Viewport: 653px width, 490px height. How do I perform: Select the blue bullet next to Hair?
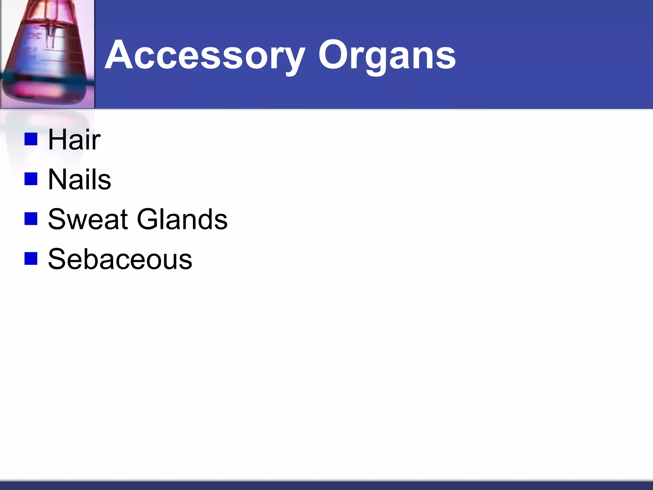tap(31, 139)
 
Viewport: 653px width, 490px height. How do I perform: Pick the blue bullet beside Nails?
tap(31, 179)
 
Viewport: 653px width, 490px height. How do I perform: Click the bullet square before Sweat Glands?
tap(31, 219)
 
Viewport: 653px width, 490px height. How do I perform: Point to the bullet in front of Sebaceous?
tap(31, 259)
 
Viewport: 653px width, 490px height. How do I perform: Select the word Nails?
tap(79, 180)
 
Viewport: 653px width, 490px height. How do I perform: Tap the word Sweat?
tap(88, 219)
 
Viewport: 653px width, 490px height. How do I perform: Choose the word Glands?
tap(182, 219)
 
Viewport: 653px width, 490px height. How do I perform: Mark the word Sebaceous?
tap(120, 259)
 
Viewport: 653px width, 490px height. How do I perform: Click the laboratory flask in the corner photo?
tap(45, 54)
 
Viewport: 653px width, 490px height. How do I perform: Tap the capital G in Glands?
tap(148, 219)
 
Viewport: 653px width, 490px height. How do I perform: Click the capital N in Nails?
tap(57, 180)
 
